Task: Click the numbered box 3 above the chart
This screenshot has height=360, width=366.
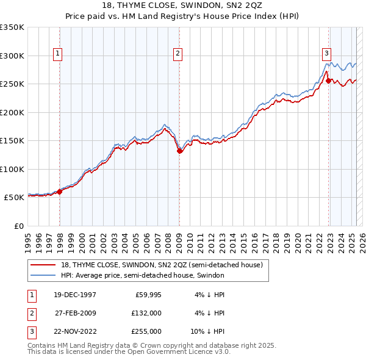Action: [326, 53]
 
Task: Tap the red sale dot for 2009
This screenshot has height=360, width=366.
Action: [179, 151]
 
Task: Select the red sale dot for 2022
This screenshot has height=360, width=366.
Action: [328, 81]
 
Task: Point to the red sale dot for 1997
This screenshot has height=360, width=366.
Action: [60, 192]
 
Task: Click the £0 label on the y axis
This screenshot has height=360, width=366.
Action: [18, 226]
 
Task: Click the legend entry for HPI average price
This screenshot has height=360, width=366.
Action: [142, 275]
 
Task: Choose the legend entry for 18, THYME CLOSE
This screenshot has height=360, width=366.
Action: [162, 265]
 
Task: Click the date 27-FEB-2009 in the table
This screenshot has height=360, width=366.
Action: [76, 312]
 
